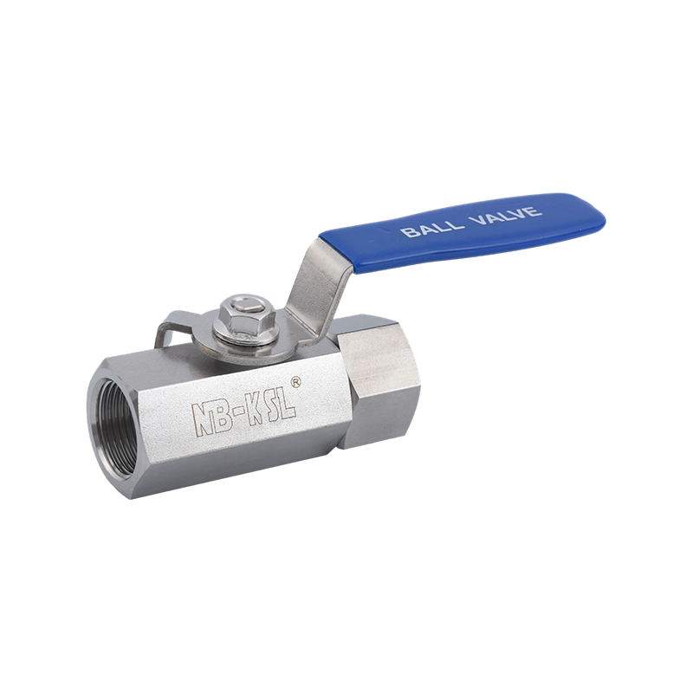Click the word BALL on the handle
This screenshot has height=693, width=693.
(x=432, y=227)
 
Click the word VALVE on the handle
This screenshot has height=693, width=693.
(x=505, y=215)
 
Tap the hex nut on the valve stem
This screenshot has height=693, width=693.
(x=245, y=315)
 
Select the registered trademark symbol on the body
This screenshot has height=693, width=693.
(x=295, y=382)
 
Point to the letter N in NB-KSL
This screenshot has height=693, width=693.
(x=201, y=418)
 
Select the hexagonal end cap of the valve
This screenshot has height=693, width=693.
(x=380, y=379)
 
